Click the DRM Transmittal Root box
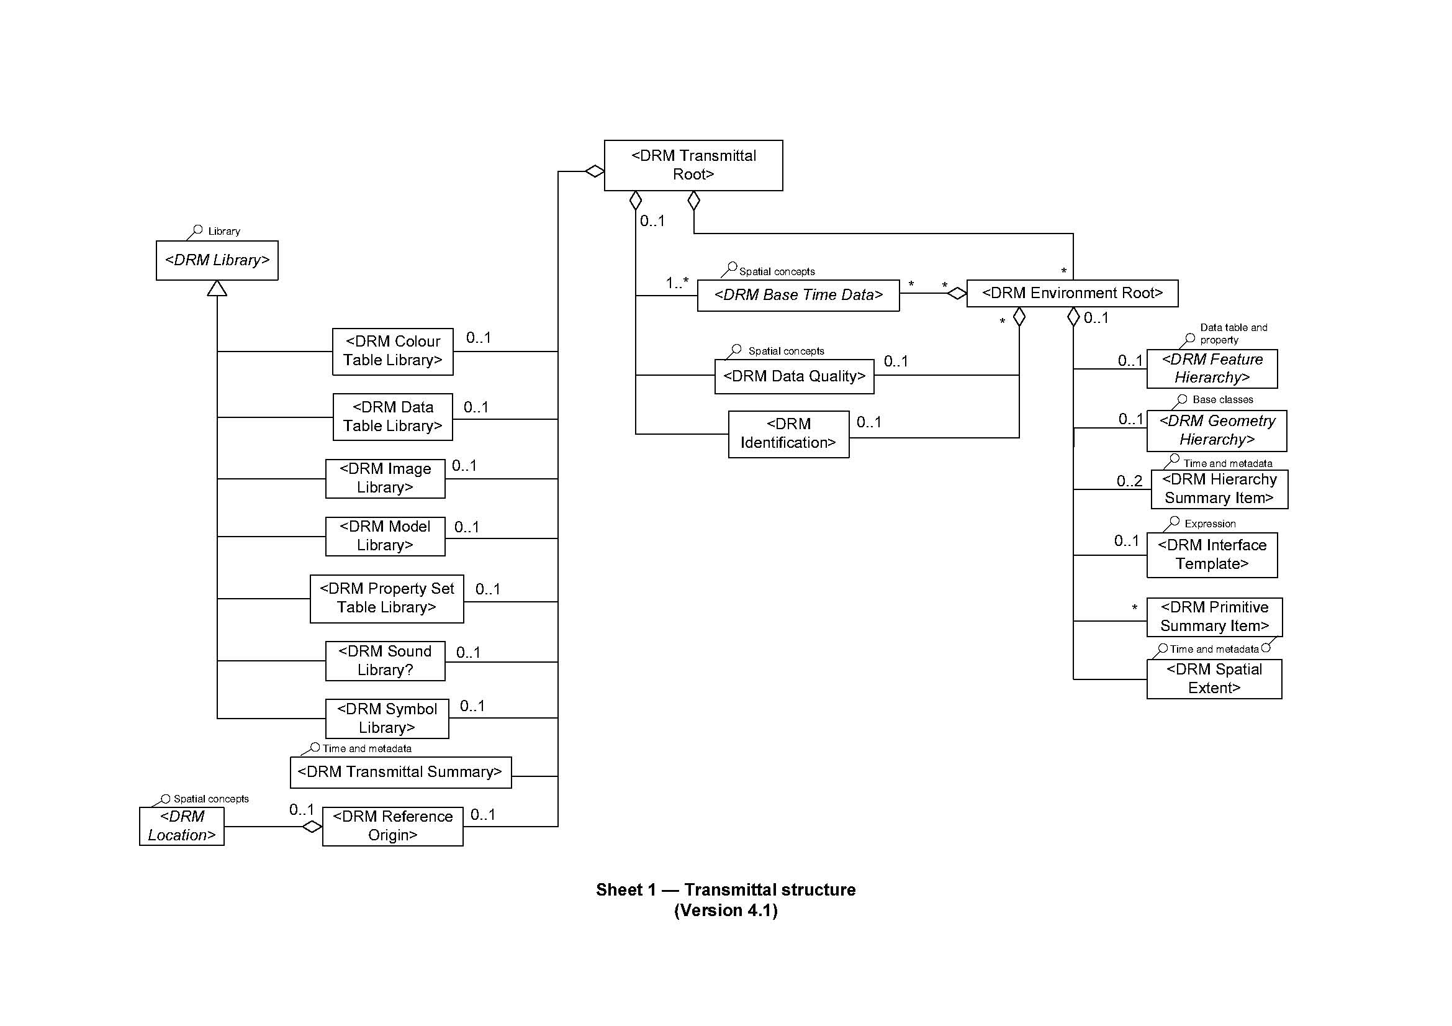point(693,165)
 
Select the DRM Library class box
point(217,260)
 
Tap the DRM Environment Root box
point(1072,294)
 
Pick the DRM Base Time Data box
point(798,296)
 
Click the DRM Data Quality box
point(795,376)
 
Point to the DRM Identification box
point(788,434)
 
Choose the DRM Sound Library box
point(385,661)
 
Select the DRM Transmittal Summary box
point(400,773)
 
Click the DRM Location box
point(181,826)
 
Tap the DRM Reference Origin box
point(393,826)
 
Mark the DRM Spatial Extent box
point(1214,679)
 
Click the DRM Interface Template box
point(1212,555)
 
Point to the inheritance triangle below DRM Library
point(217,288)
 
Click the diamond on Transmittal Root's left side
point(595,171)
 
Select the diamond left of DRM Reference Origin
point(312,827)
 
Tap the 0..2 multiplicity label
point(1129,481)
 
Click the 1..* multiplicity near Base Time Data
point(677,283)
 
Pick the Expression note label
point(1210,524)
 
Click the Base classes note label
point(1222,400)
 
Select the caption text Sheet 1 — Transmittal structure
point(725,890)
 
